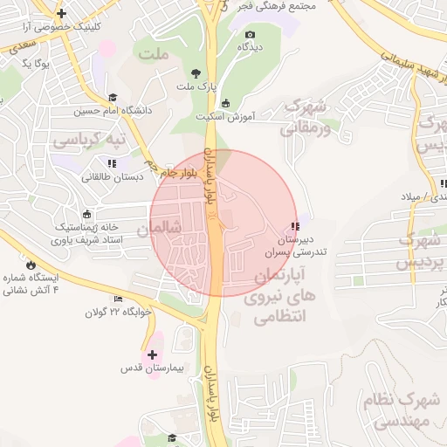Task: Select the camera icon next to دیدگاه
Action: (249, 34)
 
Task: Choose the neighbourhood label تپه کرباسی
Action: (90, 139)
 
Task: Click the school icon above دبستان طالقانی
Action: (111, 162)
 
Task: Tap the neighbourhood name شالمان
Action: (156, 228)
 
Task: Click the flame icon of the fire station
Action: (31, 263)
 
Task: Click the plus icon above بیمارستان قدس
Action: (153, 354)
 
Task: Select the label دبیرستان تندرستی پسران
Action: (289, 246)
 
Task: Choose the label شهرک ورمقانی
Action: (305, 118)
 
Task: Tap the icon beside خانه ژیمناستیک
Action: (86, 214)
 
